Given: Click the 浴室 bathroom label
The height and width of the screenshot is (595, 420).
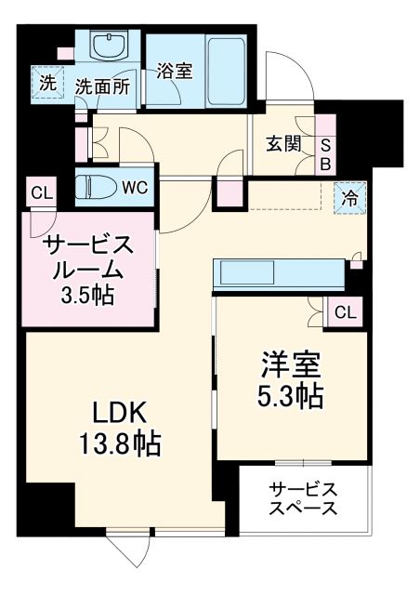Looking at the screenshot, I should (174, 71).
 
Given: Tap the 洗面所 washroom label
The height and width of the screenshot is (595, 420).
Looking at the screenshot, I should (102, 87).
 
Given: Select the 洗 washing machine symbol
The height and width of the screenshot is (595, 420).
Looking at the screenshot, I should (47, 82).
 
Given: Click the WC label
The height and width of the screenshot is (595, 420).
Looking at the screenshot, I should (135, 186).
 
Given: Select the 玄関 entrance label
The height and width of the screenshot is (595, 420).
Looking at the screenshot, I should (282, 144).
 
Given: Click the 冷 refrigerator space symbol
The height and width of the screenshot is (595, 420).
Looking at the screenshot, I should (351, 197).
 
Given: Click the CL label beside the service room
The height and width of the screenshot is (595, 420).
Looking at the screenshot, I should (41, 193).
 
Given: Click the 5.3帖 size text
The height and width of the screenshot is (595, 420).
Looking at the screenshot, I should (292, 397).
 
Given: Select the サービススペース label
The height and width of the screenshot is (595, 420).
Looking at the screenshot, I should (302, 499).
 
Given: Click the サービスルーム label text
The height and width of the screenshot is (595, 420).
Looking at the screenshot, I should (88, 258).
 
